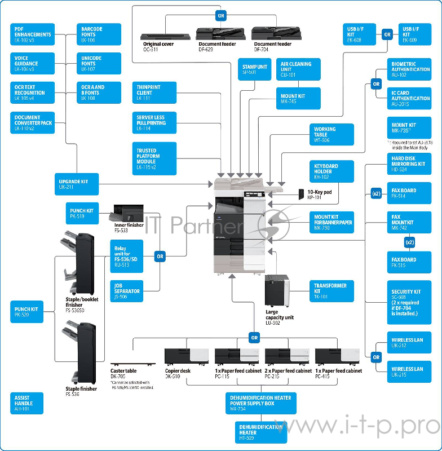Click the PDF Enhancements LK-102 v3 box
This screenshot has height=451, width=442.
(x=32, y=34)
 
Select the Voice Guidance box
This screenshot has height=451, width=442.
(x=32, y=64)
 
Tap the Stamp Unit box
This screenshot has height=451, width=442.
(x=254, y=69)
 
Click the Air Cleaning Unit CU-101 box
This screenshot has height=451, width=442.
(x=298, y=69)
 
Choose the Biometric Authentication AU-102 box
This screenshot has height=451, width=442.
(x=410, y=69)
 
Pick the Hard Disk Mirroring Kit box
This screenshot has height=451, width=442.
(x=410, y=164)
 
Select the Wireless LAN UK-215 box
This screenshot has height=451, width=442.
(x=410, y=372)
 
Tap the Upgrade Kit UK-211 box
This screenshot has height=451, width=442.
(x=76, y=183)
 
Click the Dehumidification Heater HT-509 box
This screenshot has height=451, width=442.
(x=260, y=432)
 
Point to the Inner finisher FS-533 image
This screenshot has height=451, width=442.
(x=128, y=214)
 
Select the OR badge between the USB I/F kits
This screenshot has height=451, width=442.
(x=387, y=34)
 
